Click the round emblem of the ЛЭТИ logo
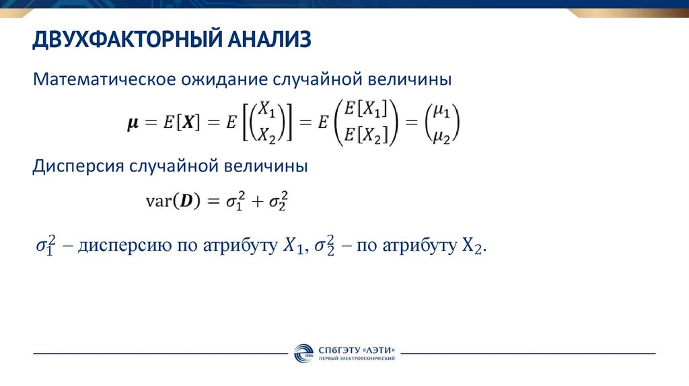[303, 353]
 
